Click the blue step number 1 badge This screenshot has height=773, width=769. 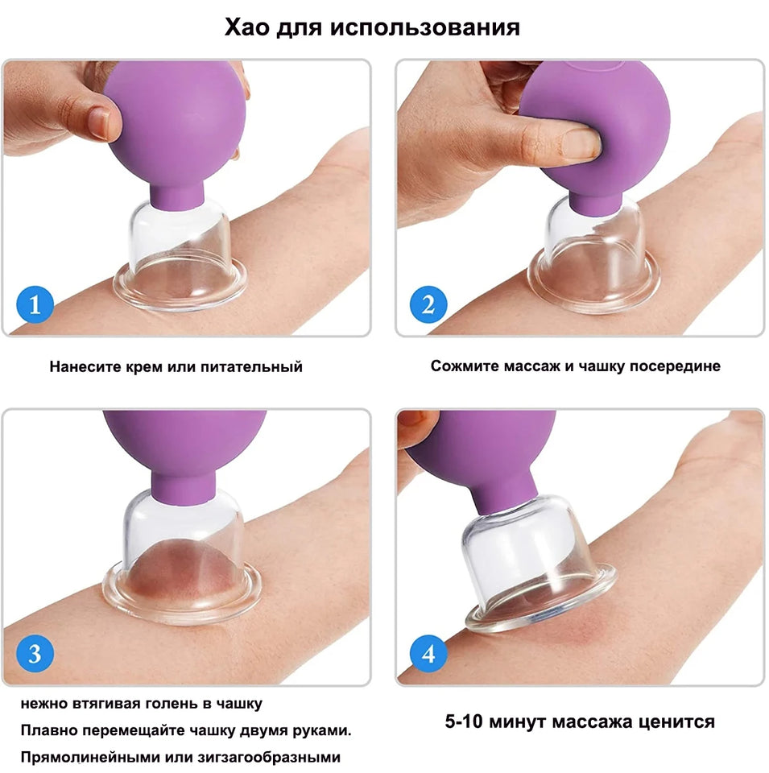(x=35, y=305)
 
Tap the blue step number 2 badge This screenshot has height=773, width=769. (x=428, y=305)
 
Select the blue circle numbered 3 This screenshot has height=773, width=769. (x=35, y=653)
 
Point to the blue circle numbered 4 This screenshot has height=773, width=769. (x=428, y=653)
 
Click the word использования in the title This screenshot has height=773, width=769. (x=441, y=27)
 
